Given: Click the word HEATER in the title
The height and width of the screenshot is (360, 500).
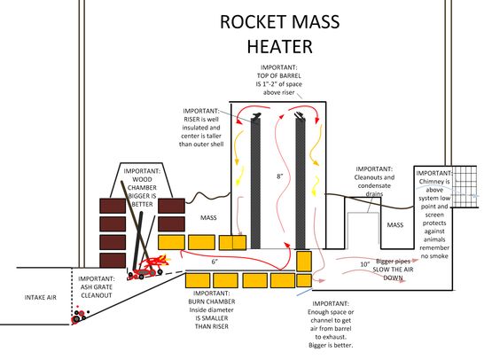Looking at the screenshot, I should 279,44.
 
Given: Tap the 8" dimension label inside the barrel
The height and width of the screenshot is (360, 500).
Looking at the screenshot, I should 279,176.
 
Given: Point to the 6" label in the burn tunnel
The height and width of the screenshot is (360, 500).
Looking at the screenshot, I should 215,262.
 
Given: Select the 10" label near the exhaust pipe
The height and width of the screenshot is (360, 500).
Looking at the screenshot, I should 364,264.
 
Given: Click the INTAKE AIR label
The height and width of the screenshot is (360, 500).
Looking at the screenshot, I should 40,297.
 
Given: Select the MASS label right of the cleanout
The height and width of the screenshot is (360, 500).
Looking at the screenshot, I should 395,224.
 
